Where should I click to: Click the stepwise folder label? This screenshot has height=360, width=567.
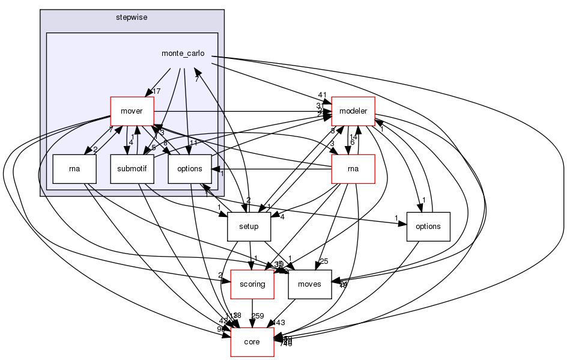pos(132,17)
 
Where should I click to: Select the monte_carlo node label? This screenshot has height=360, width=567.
pos(183,53)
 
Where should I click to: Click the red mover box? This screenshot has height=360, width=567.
pos(132,111)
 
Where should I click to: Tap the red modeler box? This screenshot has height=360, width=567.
pos(353,111)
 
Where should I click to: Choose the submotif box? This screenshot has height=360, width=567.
pos(132,169)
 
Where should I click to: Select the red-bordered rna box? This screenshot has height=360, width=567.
pos(353,169)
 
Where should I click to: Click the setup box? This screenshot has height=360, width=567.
pos(249,227)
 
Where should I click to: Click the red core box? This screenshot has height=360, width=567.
pos(252,342)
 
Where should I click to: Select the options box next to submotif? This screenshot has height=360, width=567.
pos(189,169)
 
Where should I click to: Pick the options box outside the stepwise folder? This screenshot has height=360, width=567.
pos(428,227)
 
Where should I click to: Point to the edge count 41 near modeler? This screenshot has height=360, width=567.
pos(322,95)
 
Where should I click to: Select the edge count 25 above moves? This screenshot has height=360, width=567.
pos(323,261)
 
